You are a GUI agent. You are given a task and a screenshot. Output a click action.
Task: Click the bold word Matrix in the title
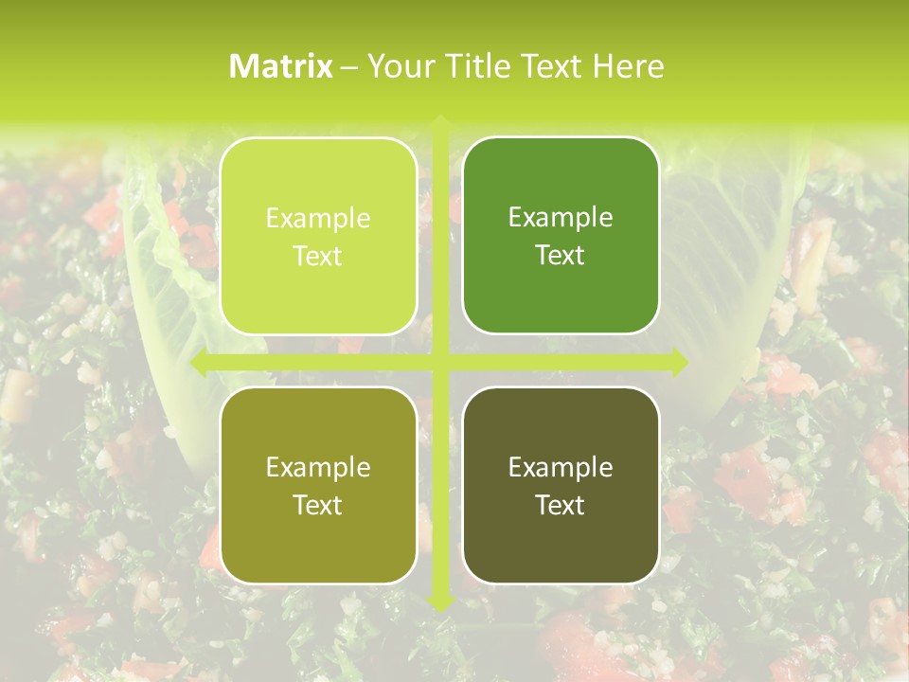click(281, 66)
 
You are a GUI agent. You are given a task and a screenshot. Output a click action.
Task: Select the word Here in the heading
click(629, 66)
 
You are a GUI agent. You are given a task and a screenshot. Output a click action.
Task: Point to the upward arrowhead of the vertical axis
click(440, 123)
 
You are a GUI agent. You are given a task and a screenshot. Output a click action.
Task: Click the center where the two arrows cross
click(440, 362)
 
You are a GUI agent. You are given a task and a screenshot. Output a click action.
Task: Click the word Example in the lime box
click(318, 218)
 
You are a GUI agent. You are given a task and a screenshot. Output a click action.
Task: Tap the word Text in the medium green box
click(561, 255)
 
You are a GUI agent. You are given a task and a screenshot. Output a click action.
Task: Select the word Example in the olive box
click(318, 467)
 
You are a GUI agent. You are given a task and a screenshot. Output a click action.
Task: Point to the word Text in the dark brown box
click(561, 505)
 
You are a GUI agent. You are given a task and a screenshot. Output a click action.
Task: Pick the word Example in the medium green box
click(561, 217)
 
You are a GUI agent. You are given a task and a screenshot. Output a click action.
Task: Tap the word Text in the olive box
click(318, 505)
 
